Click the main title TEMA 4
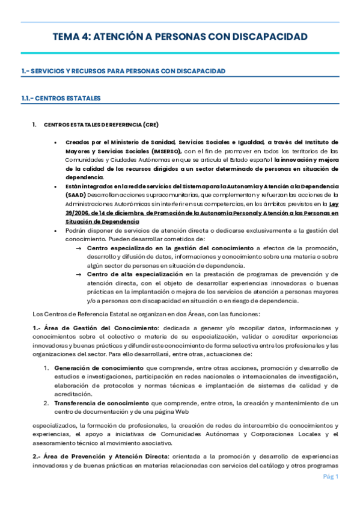click(x=180, y=37)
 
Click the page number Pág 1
click(x=330, y=477)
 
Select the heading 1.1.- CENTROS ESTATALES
click(x=61, y=98)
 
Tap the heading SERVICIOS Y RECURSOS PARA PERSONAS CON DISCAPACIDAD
click(x=123, y=71)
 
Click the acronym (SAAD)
click(x=76, y=195)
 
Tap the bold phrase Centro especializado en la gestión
click(x=171, y=248)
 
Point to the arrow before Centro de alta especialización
click(x=79, y=274)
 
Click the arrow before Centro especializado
click(x=79, y=248)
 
